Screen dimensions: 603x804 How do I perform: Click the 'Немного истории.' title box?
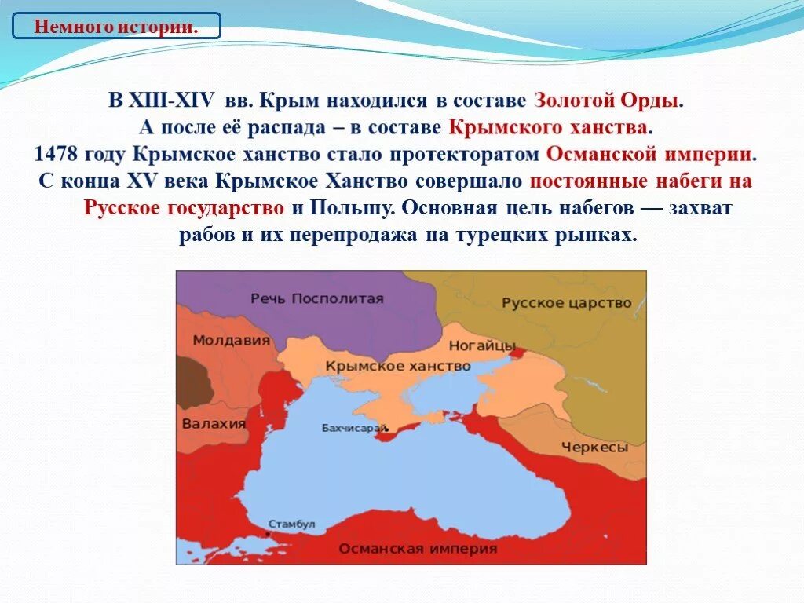(x=115, y=26)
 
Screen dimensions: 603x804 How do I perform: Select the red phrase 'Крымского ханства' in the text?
(x=550, y=126)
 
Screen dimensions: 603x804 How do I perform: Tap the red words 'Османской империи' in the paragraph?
(x=649, y=153)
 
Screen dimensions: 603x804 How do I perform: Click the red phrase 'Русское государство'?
(x=184, y=208)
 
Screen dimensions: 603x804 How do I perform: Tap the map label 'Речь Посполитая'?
(x=317, y=298)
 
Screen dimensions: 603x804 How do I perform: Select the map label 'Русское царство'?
(x=567, y=303)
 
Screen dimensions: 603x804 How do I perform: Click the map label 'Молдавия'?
(x=231, y=341)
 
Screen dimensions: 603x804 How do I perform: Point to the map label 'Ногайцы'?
(x=482, y=345)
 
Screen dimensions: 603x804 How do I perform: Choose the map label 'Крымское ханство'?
(x=398, y=366)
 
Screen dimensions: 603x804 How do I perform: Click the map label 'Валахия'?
(x=214, y=424)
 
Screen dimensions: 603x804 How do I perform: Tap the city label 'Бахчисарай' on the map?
(x=355, y=428)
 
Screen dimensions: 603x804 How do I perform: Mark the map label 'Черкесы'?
(x=594, y=448)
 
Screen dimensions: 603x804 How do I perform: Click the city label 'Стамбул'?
(x=291, y=524)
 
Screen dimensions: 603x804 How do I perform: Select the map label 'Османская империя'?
(x=418, y=549)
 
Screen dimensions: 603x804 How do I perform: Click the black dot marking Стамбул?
(x=268, y=534)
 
